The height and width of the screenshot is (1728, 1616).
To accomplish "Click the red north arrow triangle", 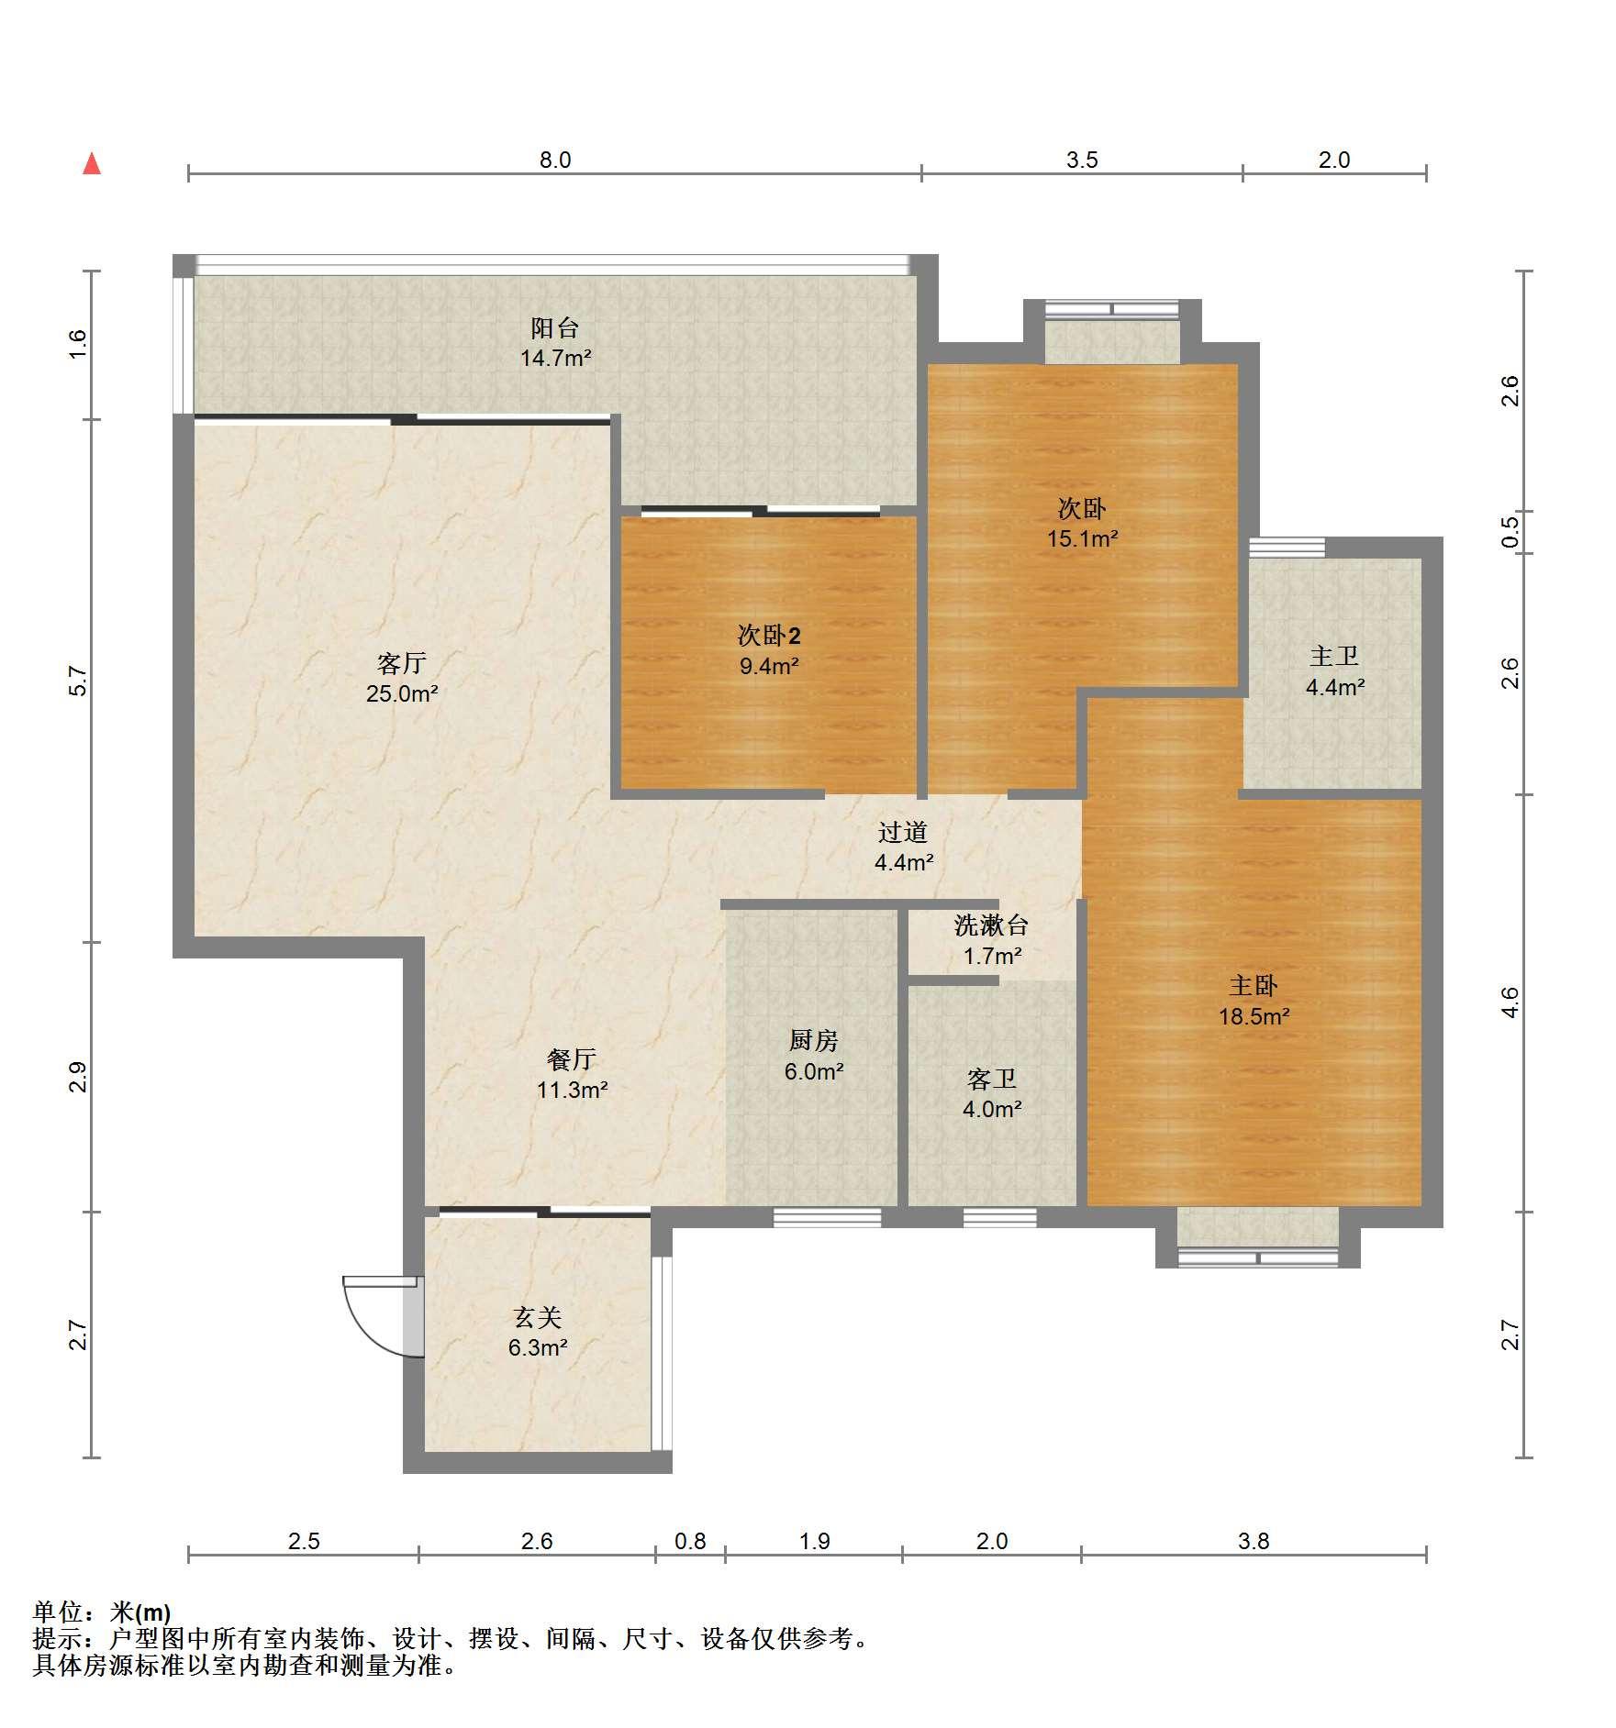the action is click(x=92, y=164).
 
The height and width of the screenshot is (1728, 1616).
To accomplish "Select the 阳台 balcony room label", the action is click(x=555, y=327).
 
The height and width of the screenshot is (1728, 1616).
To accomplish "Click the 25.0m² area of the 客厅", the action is click(x=402, y=693).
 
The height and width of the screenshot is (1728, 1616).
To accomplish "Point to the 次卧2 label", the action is click(x=769, y=635).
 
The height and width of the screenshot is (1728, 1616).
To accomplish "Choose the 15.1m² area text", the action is click(x=1083, y=538).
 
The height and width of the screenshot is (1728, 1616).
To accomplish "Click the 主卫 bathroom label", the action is click(x=1334, y=656).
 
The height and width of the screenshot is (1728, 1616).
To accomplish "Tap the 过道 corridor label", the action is click(x=904, y=832).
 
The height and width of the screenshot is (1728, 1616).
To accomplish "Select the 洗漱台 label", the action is click(x=992, y=925).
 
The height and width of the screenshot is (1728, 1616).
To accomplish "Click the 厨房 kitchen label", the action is click(x=814, y=1040).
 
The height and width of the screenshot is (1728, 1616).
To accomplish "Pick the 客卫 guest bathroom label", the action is click(x=992, y=1079).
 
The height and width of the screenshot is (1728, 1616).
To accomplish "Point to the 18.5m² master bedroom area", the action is click(x=1254, y=1016).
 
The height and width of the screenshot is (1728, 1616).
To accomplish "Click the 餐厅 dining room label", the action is click(x=572, y=1059).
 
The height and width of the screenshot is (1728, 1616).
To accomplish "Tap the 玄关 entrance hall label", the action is click(x=538, y=1318).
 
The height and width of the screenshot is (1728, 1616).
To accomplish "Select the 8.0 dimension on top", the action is click(x=555, y=161).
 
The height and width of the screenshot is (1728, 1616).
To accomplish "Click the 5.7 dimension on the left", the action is click(x=78, y=681).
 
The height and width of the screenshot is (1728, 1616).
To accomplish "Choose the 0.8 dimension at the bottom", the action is click(x=690, y=1541).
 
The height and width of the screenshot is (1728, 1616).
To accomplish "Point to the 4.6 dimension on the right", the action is click(x=1510, y=1002).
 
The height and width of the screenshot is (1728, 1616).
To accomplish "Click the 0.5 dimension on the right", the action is click(x=1510, y=533).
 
